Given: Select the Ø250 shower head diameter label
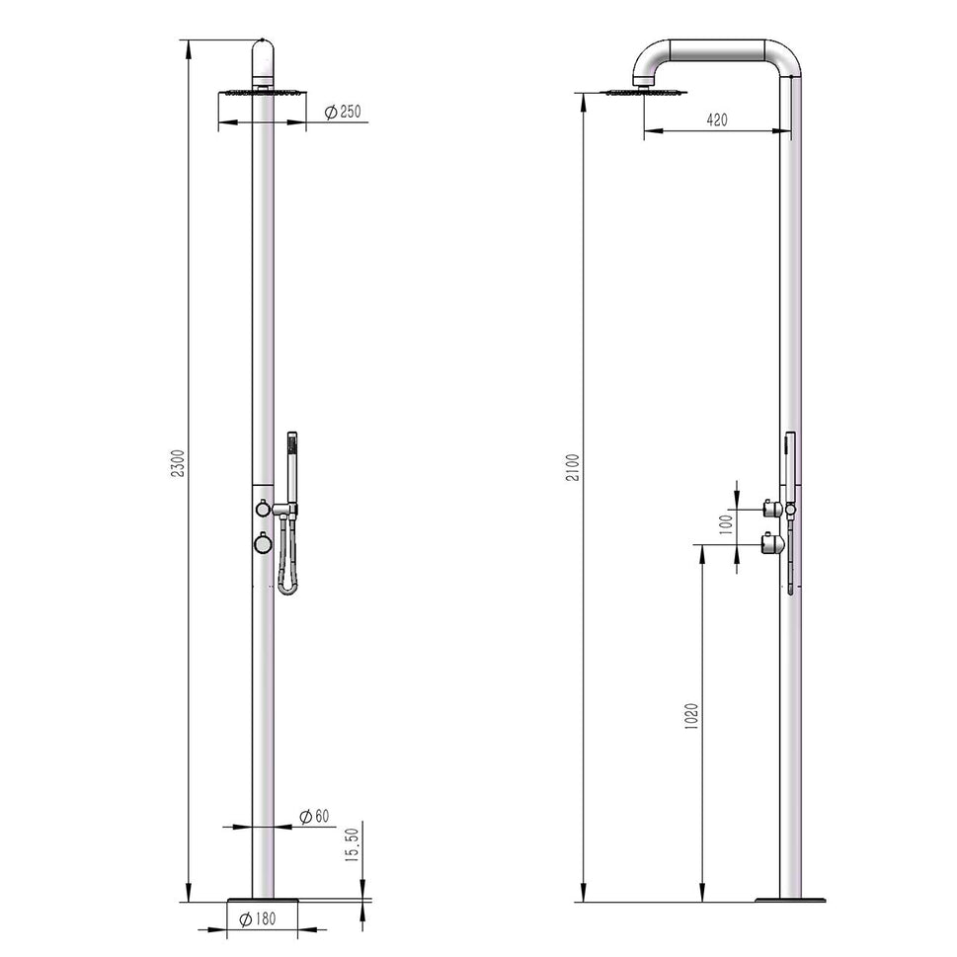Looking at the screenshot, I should click(343, 113).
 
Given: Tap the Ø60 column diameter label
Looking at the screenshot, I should click(314, 816).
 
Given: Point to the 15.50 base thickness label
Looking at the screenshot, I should click(351, 846).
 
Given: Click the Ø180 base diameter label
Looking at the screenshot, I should click(258, 918).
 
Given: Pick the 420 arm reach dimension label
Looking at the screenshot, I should click(717, 120).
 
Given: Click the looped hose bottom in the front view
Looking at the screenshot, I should click(287, 589).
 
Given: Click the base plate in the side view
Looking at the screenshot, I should click(790, 900).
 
